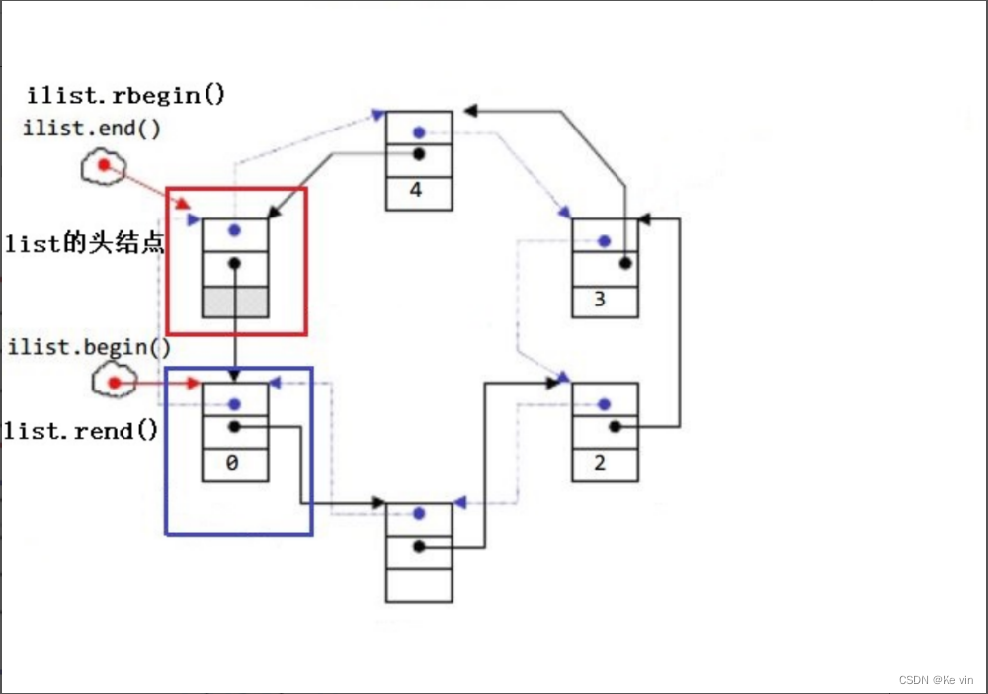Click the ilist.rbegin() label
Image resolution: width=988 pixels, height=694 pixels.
pyautogui.click(x=126, y=95)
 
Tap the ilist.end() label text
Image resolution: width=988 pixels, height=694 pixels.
pyautogui.click(x=92, y=129)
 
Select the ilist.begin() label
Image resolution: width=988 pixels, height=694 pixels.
pyautogui.click(x=90, y=347)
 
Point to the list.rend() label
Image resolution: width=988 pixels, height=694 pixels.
pyautogui.click(x=81, y=431)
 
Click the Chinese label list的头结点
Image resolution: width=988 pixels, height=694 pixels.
pyautogui.click(x=84, y=242)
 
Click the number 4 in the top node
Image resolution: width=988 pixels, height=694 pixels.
pyautogui.click(x=415, y=189)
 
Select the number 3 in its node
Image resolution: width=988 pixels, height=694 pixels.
pyautogui.click(x=600, y=299)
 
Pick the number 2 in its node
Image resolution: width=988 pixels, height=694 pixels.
pyautogui.click(x=600, y=463)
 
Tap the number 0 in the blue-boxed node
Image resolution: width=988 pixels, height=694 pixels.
pyautogui.click(x=232, y=463)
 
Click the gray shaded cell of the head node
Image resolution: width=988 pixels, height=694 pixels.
pyautogui.click(x=235, y=302)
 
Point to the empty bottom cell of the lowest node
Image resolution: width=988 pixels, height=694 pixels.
pyautogui.click(x=419, y=585)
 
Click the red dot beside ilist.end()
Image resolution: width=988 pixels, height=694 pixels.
pyautogui.click(x=104, y=165)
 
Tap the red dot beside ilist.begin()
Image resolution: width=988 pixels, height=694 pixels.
pyautogui.click(x=114, y=383)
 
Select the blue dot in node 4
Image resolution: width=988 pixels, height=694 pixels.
pyautogui.click(x=419, y=132)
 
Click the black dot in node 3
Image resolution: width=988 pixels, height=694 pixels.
pyautogui.click(x=625, y=263)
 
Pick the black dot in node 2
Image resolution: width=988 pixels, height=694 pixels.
pyautogui.click(x=615, y=427)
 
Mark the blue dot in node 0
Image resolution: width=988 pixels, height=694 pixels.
pyautogui.click(x=234, y=404)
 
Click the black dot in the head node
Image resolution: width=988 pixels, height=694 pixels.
pyautogui.click(x=234, y=263)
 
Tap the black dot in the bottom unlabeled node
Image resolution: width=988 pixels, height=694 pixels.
pyautogui.click(x=419, y=546)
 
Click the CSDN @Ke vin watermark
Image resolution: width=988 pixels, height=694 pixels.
pyautogui.click(x=936, y=680)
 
